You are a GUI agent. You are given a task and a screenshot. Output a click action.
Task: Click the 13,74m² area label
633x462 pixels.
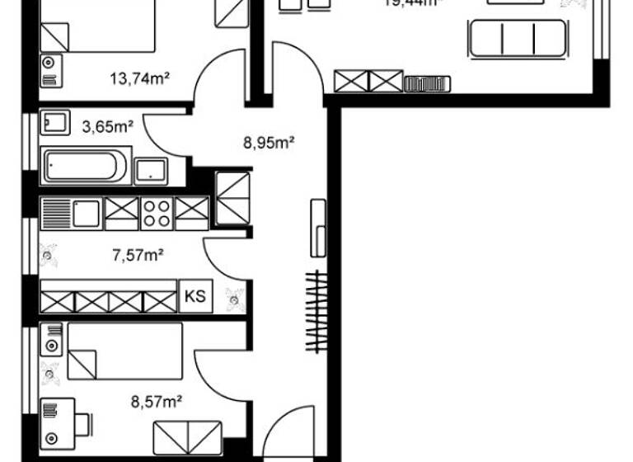(x=139, y=79)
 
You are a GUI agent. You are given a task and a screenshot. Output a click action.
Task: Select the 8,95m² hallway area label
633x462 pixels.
(x=269, y=142)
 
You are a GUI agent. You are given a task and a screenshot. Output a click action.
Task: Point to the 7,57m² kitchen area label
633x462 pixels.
(x=136, y=254)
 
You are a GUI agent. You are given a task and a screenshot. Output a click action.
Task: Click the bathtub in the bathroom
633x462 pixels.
(x=85, y=167)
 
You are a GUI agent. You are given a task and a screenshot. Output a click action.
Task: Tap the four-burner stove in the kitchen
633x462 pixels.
(x=157, y=214)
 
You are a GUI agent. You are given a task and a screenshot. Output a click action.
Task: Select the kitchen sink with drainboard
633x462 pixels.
(x=71, y=214)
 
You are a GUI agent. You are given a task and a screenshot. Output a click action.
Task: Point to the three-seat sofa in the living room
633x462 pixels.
(x=518, y=39)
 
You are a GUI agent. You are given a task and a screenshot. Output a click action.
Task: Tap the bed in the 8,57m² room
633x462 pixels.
(x=124, y=350)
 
